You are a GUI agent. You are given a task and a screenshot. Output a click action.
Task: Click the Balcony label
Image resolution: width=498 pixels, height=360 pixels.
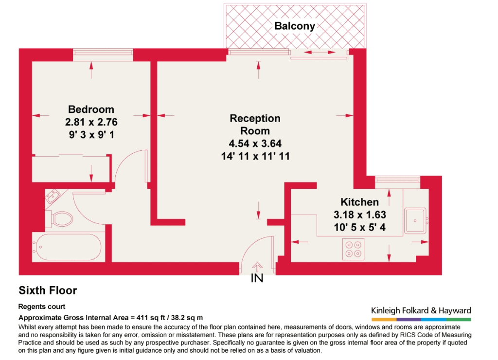tap(295, 26)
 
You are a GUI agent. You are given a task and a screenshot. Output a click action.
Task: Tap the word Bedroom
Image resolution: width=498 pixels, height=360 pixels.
tap(91, 109)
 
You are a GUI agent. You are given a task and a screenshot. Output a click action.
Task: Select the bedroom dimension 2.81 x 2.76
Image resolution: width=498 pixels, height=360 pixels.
tap(91, 122)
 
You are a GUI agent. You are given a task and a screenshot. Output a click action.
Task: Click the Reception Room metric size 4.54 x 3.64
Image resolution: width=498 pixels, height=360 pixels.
tap(255, 144)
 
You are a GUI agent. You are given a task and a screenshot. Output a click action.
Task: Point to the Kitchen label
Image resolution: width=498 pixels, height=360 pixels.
tap(359, 202)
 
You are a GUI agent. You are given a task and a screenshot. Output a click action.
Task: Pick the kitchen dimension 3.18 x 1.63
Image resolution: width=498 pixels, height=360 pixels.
tap(360, 215)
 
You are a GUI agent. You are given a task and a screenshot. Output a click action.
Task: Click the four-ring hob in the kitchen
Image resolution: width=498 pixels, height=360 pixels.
tap(354, 249)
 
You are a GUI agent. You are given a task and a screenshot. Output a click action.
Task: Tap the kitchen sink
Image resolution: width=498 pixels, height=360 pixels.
tap(416, 221)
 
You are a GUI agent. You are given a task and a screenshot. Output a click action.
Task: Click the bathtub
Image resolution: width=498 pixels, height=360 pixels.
tap(69, 247)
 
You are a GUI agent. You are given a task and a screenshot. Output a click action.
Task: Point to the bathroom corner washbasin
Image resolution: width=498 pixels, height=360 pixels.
tap(53, 196)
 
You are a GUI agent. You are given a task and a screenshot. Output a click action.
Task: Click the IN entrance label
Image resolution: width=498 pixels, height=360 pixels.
tap(257, 278)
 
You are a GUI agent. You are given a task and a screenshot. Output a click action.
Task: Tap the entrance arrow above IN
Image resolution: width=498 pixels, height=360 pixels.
tap(257, 267)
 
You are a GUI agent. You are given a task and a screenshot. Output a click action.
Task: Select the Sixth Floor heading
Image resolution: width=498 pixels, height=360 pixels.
tap(48, 290)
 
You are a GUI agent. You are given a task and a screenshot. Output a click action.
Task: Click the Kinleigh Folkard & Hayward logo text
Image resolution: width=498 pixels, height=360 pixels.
tap(421, 310)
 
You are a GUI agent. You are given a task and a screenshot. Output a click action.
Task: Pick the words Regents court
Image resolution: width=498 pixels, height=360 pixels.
tap(42, 306)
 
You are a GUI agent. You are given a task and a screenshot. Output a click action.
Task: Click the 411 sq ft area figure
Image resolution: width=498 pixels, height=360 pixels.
tap(149, 318)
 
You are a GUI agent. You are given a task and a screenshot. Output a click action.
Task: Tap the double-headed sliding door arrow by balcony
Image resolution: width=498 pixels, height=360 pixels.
tap(320, 52)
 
